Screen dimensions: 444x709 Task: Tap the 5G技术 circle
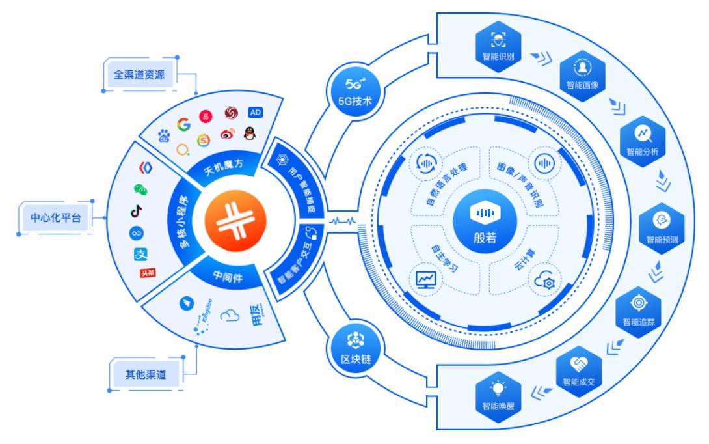point(351,90)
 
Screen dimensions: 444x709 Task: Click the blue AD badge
point(256,112)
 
